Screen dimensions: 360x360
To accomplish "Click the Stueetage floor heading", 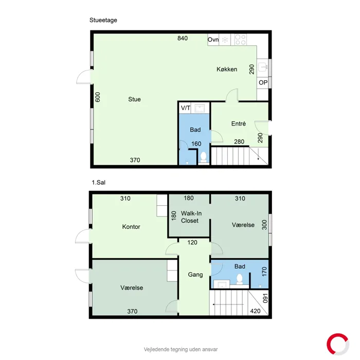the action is (103, 20).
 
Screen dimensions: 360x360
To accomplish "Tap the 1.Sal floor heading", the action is (99, 183).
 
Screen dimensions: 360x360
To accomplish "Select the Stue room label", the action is (135, 99).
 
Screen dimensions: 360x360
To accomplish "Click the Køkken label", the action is (227, 69).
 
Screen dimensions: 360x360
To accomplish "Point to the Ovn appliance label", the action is (213, 40).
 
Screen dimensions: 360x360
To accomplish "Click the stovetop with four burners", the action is (240, 40).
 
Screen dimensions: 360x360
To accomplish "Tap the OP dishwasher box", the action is (263, 82).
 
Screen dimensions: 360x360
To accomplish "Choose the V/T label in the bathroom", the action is (186, 108).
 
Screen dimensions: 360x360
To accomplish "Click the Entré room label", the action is (239, 124).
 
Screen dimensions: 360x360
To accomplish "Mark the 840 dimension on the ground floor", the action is (183, 38).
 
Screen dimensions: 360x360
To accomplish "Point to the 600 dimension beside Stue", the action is (98, 97).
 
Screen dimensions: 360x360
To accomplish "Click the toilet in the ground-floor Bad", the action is (204, 158).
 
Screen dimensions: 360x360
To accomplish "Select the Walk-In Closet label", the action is (191, 217).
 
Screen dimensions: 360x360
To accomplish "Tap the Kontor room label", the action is (131, 227).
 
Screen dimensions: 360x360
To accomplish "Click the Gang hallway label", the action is (195, 275).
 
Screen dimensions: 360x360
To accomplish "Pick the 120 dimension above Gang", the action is (192, 242).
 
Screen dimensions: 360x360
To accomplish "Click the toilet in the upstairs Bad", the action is (240, 279).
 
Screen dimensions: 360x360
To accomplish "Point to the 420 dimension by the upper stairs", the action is (255, 311).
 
